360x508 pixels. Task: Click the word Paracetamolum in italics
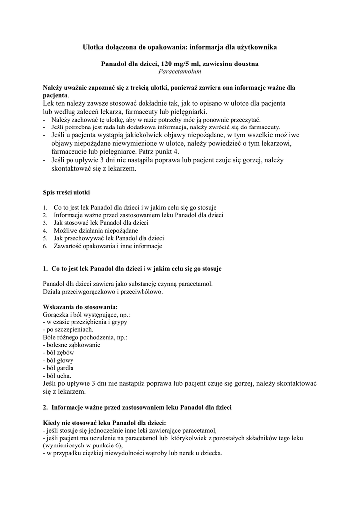[x=180, y=72]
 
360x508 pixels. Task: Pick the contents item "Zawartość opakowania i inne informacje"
[x=108, y=246]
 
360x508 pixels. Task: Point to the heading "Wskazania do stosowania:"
[x=80, y=307]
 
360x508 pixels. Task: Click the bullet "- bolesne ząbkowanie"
[x=72, y=345]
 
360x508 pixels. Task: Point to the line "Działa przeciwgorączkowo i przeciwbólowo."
[x=103, y=291]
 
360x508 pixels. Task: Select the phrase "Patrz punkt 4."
[x=162, y=151]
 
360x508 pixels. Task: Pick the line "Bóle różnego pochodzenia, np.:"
[x=85, y=337]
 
